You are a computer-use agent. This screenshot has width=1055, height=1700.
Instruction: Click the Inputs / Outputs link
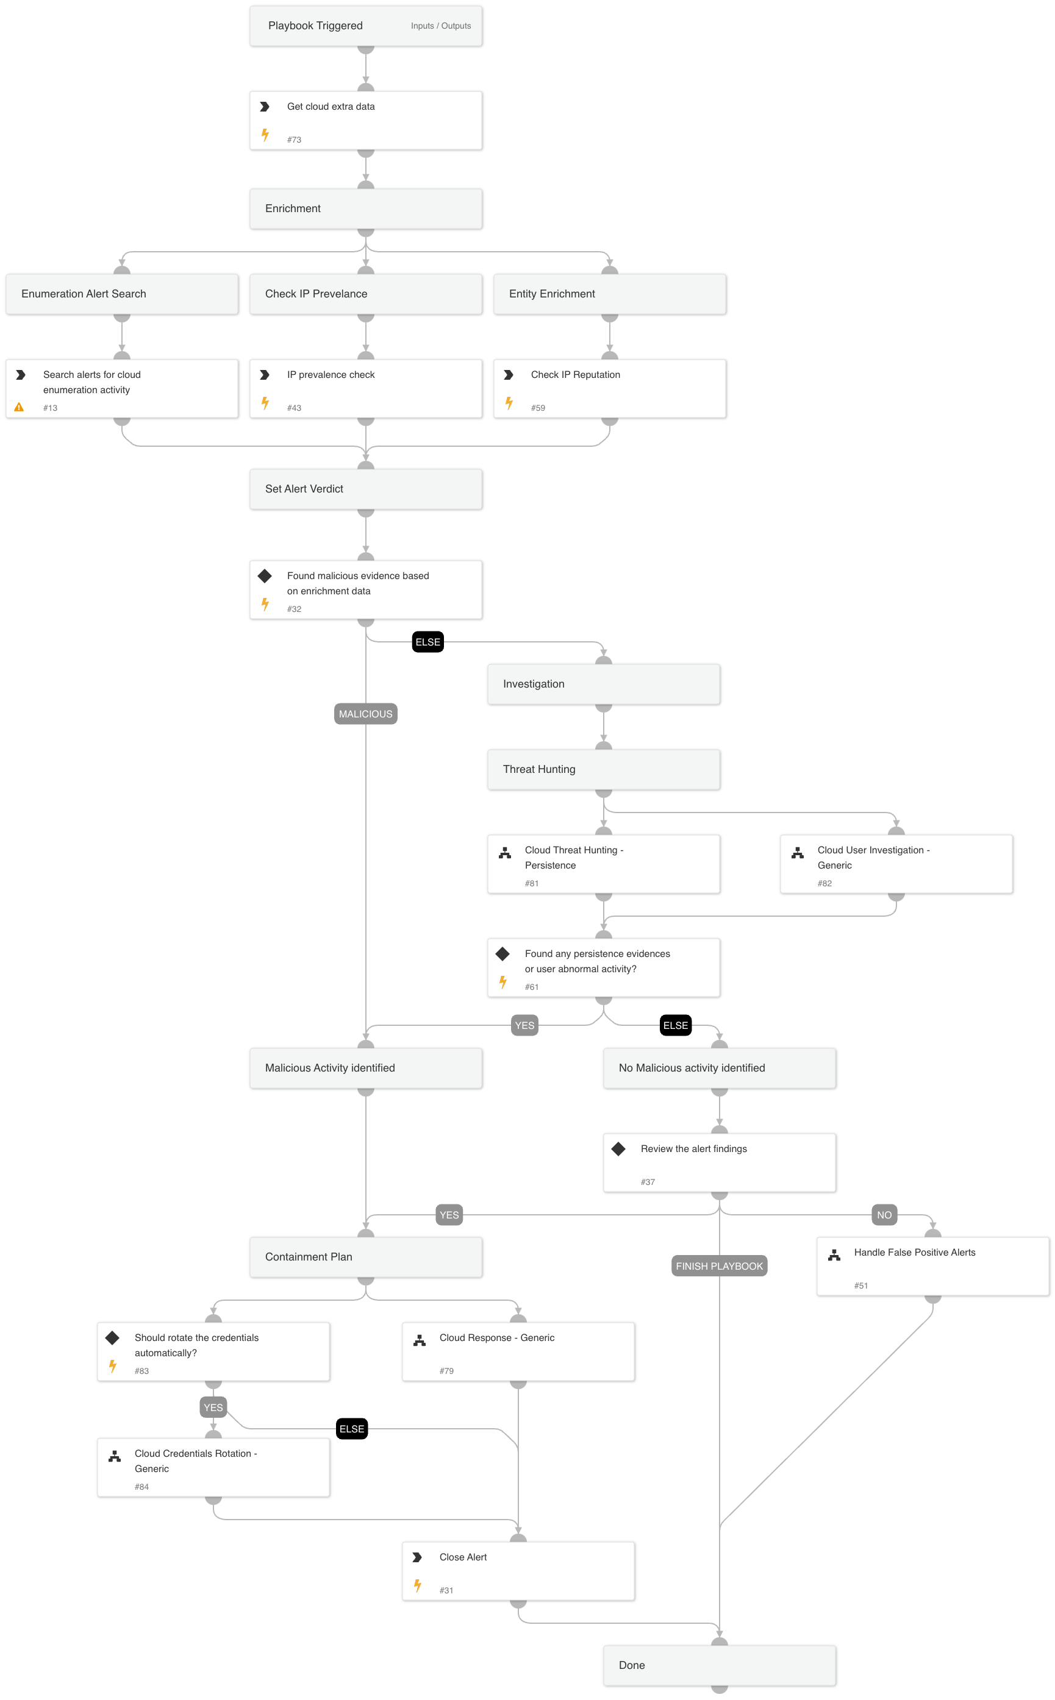[440, 26]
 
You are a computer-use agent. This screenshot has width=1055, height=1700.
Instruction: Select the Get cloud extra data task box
[366, 120]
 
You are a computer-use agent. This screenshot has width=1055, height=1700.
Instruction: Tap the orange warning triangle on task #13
[20, 407]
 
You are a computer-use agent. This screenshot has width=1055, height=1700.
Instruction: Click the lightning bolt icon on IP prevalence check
[265, 402]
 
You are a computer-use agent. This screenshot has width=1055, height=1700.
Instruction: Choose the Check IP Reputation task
[609, 388]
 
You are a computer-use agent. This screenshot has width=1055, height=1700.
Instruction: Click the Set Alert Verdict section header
[366, 489]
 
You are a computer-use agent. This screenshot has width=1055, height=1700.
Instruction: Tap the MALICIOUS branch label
[366, 713]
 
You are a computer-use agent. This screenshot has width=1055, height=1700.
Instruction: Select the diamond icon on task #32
[265, 576]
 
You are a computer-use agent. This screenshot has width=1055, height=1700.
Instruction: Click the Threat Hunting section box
[604, 769]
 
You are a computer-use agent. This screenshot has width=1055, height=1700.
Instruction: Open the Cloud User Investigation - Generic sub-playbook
[896, 863]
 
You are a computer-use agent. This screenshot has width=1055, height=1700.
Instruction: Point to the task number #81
[532, 883]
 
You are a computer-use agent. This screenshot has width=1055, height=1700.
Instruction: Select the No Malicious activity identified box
[720, 1067]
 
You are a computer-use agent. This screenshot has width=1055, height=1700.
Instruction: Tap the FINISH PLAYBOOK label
[719, 1265]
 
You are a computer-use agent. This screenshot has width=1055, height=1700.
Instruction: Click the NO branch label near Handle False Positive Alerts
[884, 1215]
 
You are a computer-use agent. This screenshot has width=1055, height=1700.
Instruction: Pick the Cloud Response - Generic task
[518, 1351]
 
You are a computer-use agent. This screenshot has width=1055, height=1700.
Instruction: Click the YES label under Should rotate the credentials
[213, 1407]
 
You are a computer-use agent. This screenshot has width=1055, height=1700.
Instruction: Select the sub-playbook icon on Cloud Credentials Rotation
[115, 1457]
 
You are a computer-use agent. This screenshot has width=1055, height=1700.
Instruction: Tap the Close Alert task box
[518, 1570]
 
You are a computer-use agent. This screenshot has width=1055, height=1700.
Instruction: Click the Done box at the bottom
[720, 1665]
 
